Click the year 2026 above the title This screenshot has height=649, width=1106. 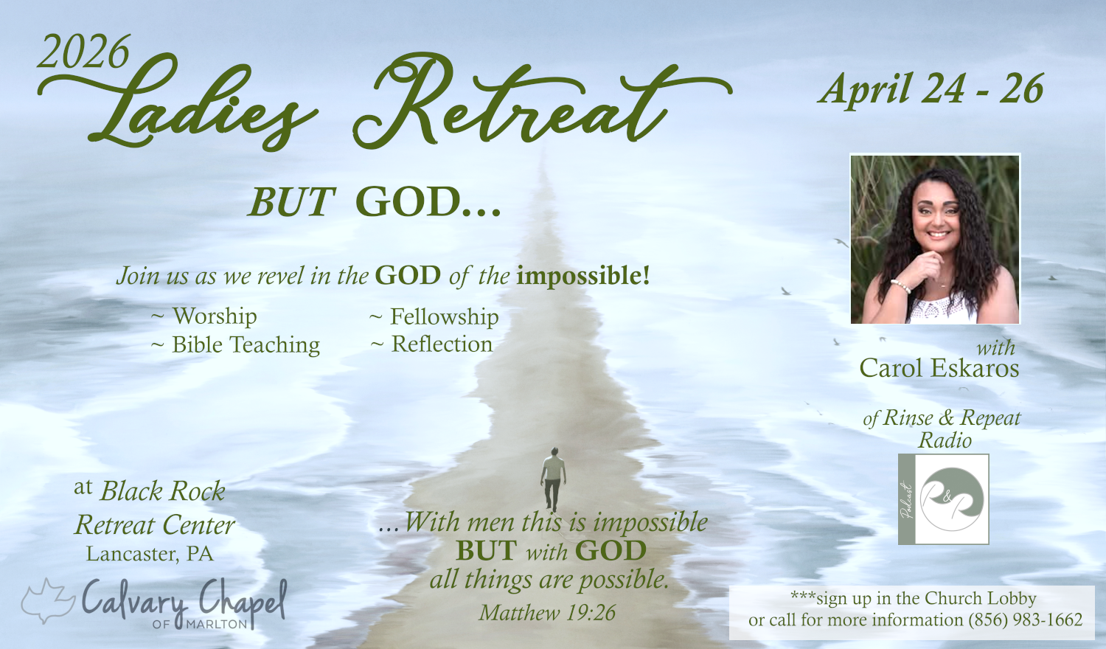pyautogui.click(x=83, y=52)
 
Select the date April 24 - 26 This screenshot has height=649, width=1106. pyautogui.click(x=931, y=89)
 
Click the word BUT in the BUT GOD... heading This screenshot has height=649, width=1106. pyautogui.click(x=292, y=202)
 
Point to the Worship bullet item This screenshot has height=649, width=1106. pyautogui.click(x=204, y=316)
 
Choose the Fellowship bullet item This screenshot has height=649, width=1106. pyautogui.click(x=434, y=316)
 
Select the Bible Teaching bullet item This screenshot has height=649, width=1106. pyautogui.click(x=235, y=344)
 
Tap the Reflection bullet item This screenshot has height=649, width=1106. pyautogui.click(x=431, y=344)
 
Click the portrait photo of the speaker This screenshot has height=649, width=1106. pyautogui.click(x=935, y=239)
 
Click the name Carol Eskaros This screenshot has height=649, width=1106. pyautogui.click(x=939, y=368)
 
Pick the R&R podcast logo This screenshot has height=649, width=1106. pyautogui.click(x=944, y=499)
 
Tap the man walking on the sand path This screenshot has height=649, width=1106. pyautogui.click(x=553, y=479)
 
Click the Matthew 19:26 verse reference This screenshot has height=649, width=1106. pyautogui.click(x=547, y=613)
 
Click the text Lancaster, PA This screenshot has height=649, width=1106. pyautogui.click(x=150, y=554)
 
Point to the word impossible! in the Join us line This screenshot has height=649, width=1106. pyautogui.click(x=583, y=276)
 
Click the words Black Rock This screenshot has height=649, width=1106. pyautogui.click(x=163, y=491)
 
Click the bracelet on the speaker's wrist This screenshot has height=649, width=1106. pyautogui.click(x=901, y=285)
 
